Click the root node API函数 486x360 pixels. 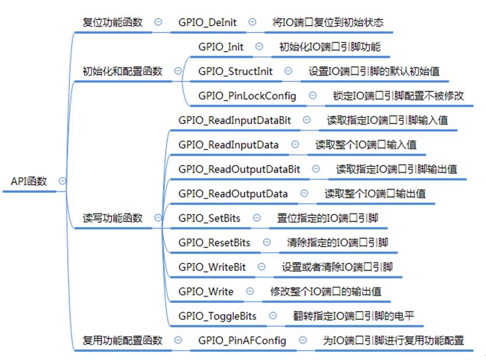pos(29,181)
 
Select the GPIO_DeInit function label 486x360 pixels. pos(207,22)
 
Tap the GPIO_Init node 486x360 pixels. pos(221,47)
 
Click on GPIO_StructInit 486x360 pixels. pos(235,72)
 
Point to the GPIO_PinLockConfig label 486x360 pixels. pos(247,96)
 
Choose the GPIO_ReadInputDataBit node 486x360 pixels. pos(235,120)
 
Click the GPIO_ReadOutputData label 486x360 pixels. pos(233,194)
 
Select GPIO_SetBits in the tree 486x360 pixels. pos(209,218)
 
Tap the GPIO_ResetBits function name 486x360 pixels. pos(214,243)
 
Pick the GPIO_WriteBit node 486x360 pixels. pos(212,267)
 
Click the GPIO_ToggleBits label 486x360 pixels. pos(217,316)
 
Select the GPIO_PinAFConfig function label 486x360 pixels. pos(242,340)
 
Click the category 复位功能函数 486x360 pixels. pos(112,22)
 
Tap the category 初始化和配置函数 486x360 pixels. pos(122,72)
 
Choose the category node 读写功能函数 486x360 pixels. pos(112,218)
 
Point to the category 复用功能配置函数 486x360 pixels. pos(122,340)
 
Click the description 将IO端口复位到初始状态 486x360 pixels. pos(328,22)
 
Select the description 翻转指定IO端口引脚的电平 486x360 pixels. pos(354,316)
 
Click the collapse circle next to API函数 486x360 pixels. pos(62,181)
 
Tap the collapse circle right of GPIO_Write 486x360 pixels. pos(250,291)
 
